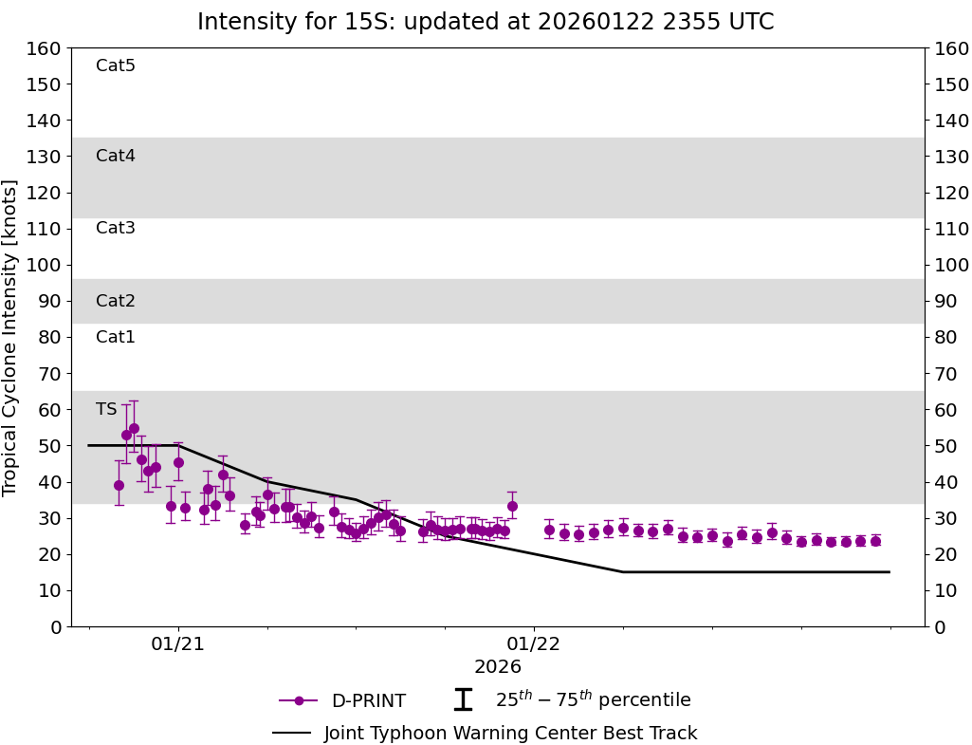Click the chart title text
point(486,22)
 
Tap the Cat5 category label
point(116,65)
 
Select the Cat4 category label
point(116,156)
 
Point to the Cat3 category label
point(116,228)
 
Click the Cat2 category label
point(116,301)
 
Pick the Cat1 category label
point(116,337)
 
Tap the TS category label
point(106,409)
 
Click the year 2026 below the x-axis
point(498,667)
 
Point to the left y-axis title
point(10,337)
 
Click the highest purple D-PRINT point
point(134,428)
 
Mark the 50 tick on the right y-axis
point(944,446)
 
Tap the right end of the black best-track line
point(889,572)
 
